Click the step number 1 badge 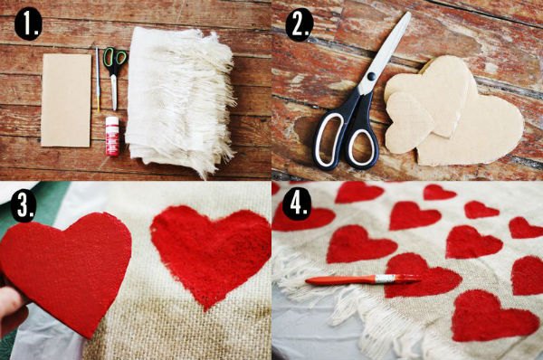[x=28, y=24]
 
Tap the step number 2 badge [x=300, y=24]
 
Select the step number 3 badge [x=24, y=207]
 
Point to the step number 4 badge [x=296, y=204]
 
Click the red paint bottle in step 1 [x=112, y=136]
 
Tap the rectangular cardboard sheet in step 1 [x=66, y=100]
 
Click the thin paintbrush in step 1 [x=98, y=80]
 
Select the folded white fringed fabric [x=180, y=100]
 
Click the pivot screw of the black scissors [x=371, y=76]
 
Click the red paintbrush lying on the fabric [x=364, y=279]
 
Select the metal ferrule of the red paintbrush [x=386, y=278]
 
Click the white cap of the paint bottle [x=112, y=121]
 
